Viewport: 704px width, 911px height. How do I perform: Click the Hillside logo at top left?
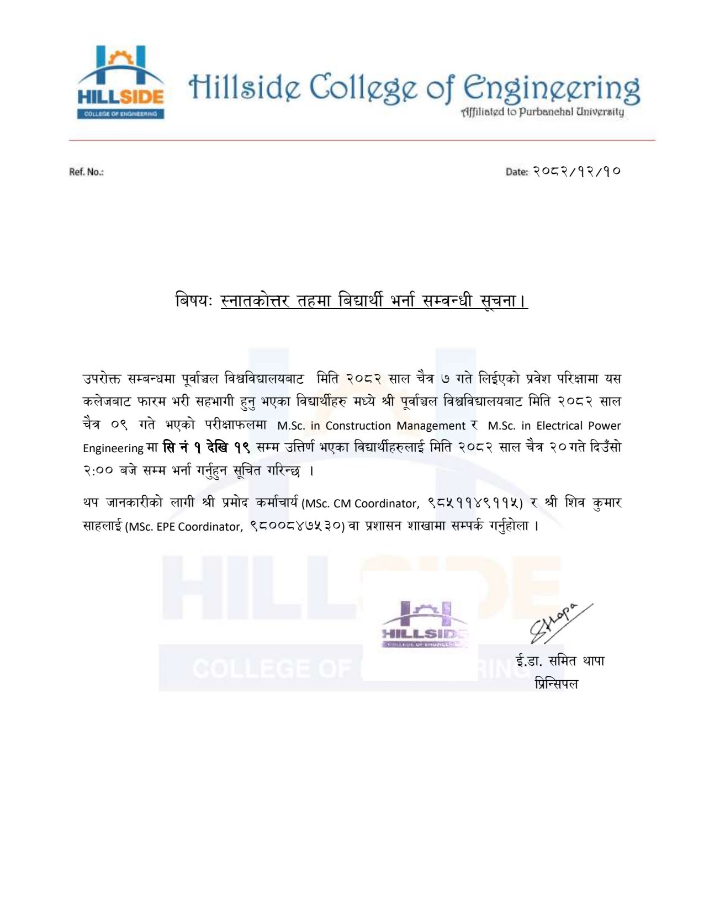120,83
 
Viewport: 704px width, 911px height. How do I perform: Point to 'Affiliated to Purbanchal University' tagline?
542,112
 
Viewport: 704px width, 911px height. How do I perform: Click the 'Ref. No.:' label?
86,172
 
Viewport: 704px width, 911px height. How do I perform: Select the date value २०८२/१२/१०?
576,171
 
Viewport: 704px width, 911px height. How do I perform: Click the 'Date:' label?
516,172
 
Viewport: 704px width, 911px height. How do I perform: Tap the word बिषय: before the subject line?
194,301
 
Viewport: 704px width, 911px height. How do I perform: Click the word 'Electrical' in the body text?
559,426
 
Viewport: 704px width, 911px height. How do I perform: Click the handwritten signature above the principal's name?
558,623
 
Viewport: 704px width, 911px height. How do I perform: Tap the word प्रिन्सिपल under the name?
557,684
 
